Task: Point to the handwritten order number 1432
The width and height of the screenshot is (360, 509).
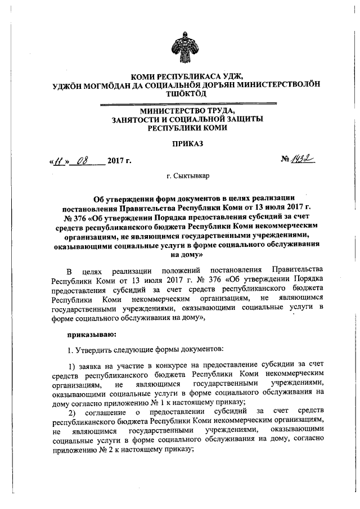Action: [x=304, y=161]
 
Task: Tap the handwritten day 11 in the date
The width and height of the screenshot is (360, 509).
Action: [x=58, y=163]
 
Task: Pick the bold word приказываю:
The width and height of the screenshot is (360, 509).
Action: [x=91, y=335]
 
